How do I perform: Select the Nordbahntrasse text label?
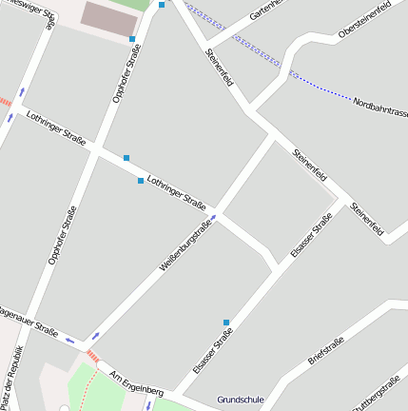coord(379,102)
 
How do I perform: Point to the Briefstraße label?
coord(325,350)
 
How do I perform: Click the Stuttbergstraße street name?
coord(375,393)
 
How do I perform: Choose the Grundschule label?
coord(240,400)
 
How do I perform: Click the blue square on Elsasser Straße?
coord(226,322)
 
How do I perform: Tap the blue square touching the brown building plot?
coord(132,39)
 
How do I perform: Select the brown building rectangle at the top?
coord(107,15)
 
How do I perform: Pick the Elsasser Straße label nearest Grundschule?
coord(212,349)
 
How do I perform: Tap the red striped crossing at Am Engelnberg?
coord(92,355)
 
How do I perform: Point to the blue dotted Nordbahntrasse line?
coord(323,88)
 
